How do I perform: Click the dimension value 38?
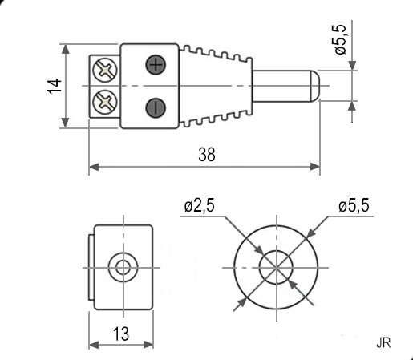tap(207, 156)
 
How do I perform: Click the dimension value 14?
tap(54, 87)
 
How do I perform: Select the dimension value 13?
tap(122, 334)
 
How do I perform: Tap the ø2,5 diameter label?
tap(199, 206)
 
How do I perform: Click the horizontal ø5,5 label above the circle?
tap(353, 206)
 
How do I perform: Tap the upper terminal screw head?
tap(104, 70)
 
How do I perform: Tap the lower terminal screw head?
tap(104, 102)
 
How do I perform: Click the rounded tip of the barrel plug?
tap(316, 86)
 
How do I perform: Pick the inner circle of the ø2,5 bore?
tap(277, 265)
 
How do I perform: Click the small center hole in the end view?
tap(123, 266)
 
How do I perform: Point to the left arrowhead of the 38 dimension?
tap(91, 167)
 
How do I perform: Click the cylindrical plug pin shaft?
tap(281, 86)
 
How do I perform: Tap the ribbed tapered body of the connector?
tap(217, 86)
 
